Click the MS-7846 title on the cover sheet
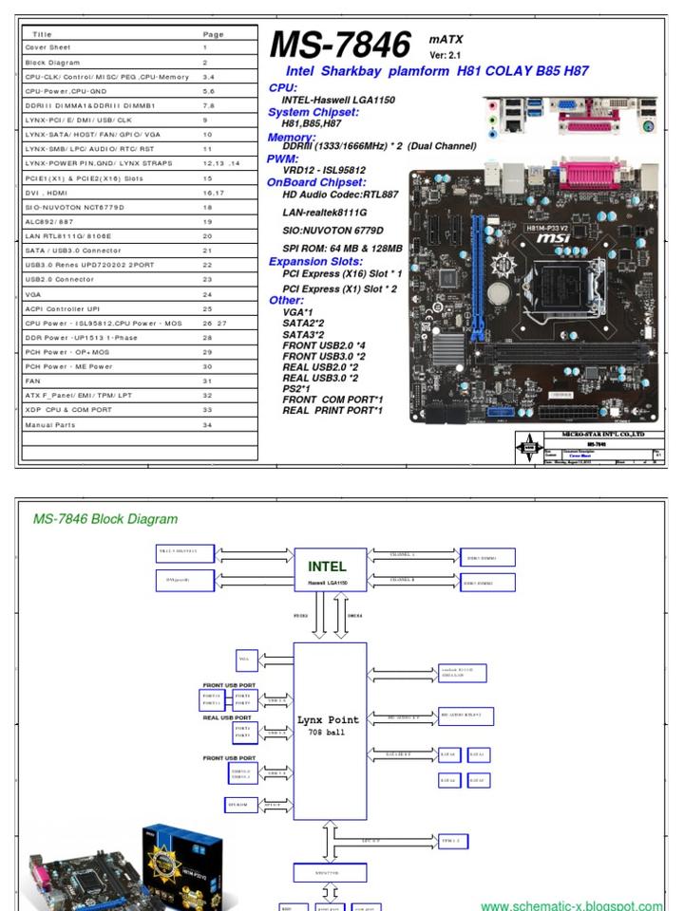[x=340, y=46]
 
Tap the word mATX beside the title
[x=446, y=39]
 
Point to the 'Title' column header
[x=43, y=33]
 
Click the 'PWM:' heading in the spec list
[x=283, y=158]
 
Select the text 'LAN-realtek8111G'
[x=324, y=212]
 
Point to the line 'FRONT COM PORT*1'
[x=332, y=400]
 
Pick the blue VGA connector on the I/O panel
[x=566, y=107]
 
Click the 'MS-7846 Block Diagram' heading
[x=105, y=519]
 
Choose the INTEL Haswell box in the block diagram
[x=327, y=571]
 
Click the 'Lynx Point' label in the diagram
[x=330, y=720]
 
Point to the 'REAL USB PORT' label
[x=228, y=717]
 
